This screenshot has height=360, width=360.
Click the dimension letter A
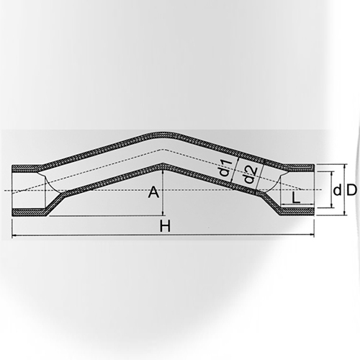coord(153,192)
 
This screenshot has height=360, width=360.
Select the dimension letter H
coord(164,226)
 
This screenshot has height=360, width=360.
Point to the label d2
coord(247,175)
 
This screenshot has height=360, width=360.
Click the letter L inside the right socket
coord(297,197)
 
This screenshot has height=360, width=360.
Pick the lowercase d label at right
coord(336,190)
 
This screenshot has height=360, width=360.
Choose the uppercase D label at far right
coord(351,190)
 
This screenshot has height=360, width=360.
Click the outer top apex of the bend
coord(164,132)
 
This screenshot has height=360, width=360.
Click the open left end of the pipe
coord(13,190)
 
